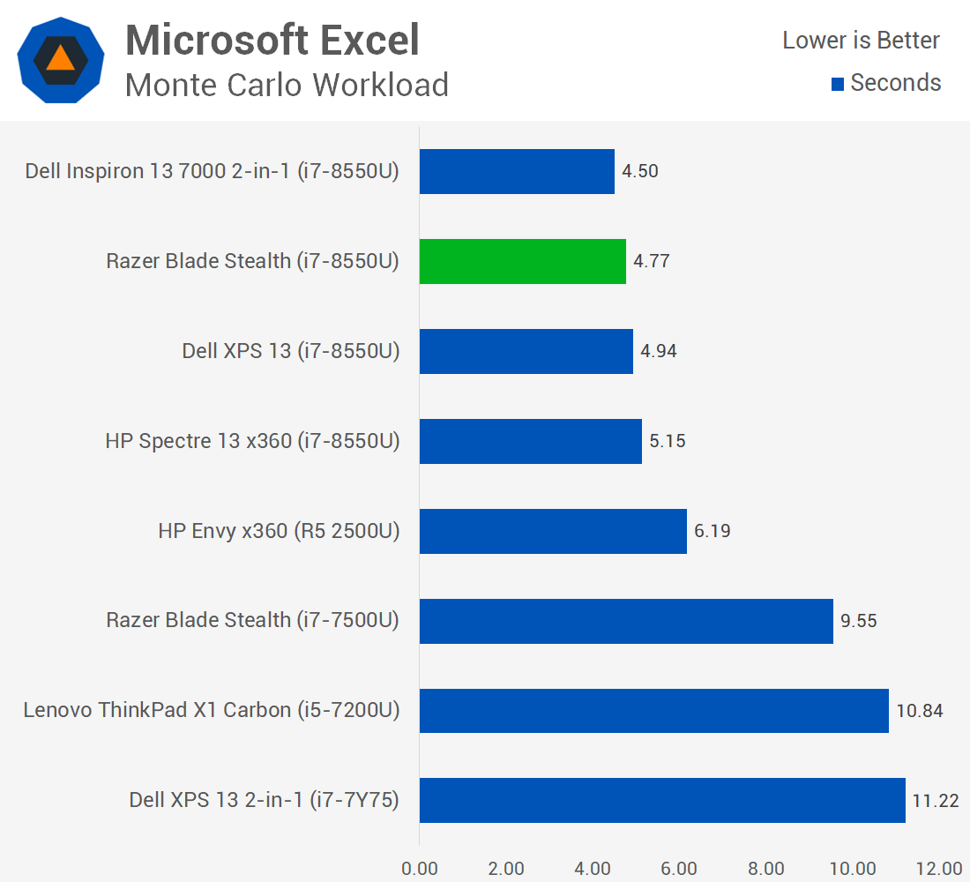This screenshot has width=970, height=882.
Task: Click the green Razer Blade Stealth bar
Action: click(523, 261)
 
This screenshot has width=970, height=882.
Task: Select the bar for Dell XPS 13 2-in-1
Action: click(662, 800)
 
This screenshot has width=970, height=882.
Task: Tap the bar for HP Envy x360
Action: click(553, 531)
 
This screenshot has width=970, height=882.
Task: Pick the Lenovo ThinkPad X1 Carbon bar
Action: click(654, 711)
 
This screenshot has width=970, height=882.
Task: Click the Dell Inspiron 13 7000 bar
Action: click(517, 171)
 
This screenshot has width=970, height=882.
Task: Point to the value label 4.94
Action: click(658, 351)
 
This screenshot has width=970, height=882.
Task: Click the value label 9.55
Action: click(859, 621)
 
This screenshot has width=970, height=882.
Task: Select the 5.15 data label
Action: click(668, 441)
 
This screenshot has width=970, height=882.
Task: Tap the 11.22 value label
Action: click(936, 800)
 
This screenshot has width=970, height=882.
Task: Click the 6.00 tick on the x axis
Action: click(679, 869)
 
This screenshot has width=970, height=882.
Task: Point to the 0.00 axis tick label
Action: click(420, 869)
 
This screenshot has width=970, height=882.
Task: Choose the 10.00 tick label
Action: click(853, 869)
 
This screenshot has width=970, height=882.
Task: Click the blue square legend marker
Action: click(838, 84)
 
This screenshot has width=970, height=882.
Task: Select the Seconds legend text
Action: click(896, 83)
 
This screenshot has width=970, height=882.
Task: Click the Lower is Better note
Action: click(862, 41)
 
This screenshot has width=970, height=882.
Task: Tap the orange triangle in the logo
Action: click(60, 59)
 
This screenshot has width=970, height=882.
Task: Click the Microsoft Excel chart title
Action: click(272, 41)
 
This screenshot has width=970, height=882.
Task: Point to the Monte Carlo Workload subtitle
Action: click(287, 85)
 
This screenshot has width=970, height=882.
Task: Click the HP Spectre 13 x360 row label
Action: click(252, 441)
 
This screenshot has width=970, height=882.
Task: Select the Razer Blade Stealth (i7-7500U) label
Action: click(252, 620)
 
